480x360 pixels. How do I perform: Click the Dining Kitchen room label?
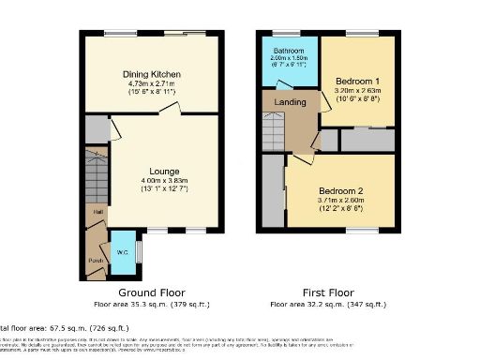[x=152, y=74]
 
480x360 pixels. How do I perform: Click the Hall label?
[x=97, y=213]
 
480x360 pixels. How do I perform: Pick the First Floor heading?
[x=328, y=292]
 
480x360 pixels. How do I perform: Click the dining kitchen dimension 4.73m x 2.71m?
[x=152, y=83]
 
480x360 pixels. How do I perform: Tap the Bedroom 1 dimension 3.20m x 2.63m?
[x=356, y=91]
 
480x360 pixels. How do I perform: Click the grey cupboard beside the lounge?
[x=96, y=128]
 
